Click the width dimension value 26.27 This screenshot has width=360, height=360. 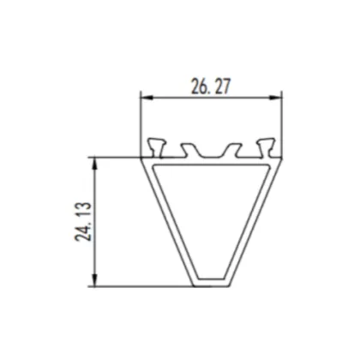[x=212, y=86]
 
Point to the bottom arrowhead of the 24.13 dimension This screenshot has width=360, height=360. [x=95, y=282]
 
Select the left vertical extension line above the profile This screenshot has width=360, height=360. [x=141, y=120]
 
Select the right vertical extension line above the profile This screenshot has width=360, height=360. [x=283, y=120]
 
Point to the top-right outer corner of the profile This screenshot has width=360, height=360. [x=283, y=158]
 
